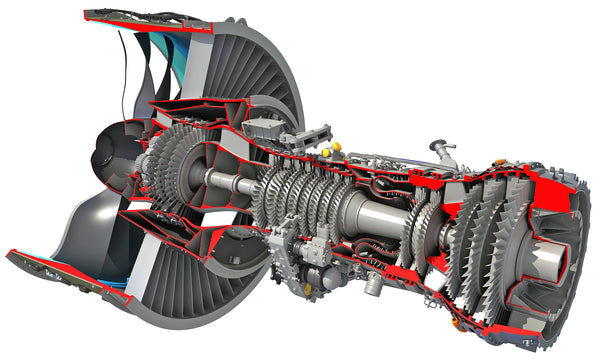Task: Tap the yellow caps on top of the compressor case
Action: tap(330, 150)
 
